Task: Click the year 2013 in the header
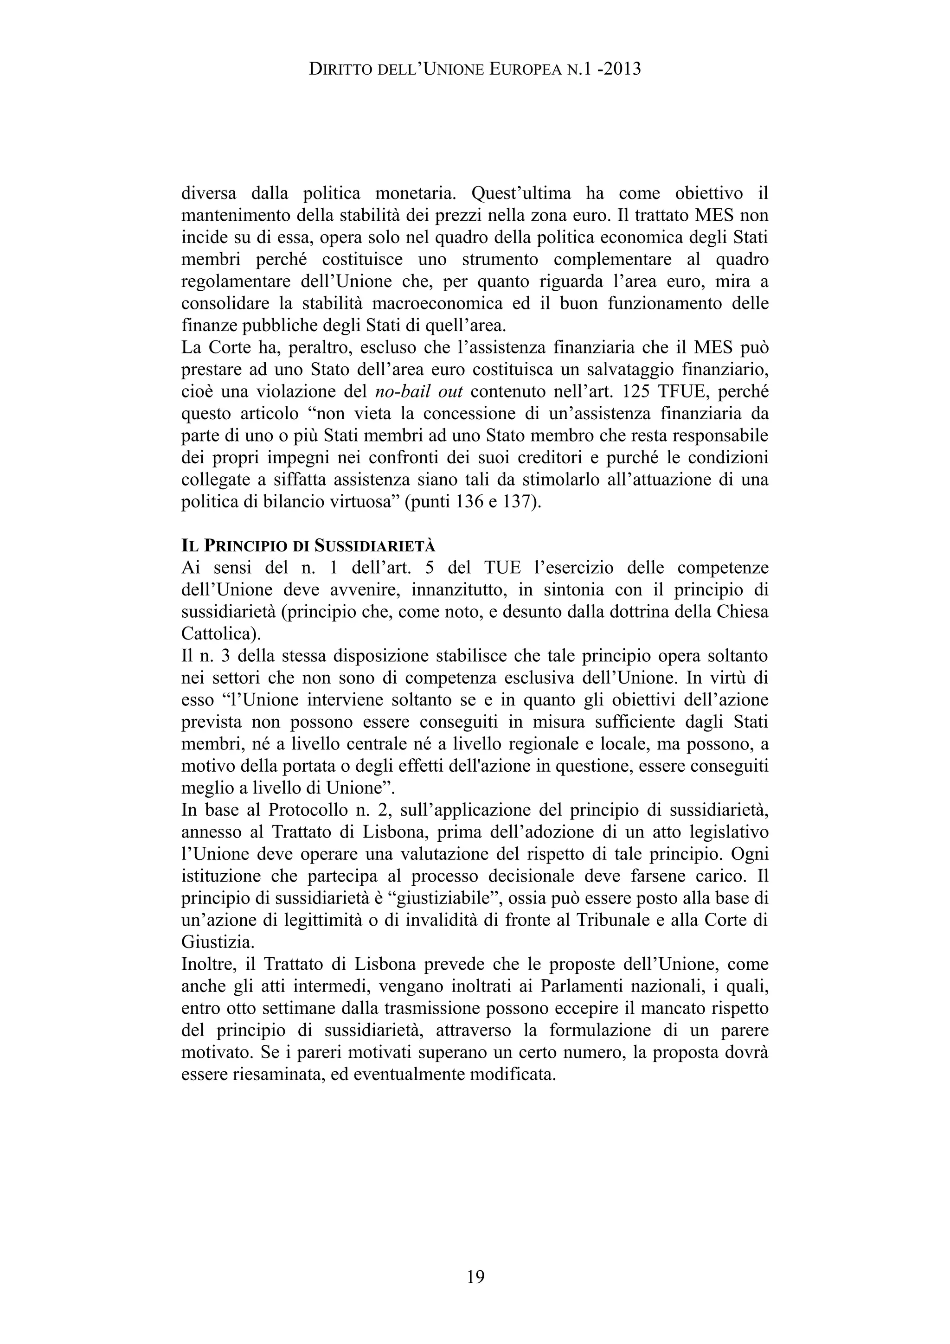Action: (x=621, y=70)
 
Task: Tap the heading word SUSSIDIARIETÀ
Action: (x=375, y=546)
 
